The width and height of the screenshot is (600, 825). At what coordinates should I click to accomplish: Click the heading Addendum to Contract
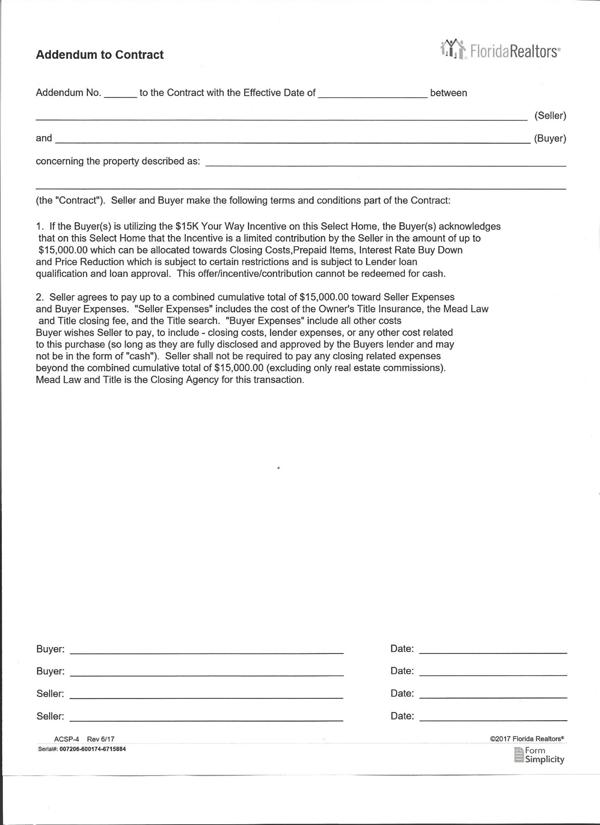point(99,55)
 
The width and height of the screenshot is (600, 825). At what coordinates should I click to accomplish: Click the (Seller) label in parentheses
point(550,115)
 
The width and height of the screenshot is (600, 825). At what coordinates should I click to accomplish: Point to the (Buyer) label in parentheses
point(550,138)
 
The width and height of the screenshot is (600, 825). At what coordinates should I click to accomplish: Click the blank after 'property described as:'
point(385,163)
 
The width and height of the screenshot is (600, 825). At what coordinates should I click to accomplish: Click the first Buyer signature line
point(206,650)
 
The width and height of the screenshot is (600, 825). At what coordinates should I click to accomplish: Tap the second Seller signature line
point(206,717)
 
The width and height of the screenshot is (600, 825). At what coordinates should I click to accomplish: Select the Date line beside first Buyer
point(493,650)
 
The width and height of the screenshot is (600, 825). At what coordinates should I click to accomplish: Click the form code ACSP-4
point(66,739)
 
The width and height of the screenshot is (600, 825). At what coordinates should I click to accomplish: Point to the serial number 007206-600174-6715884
point(92,749)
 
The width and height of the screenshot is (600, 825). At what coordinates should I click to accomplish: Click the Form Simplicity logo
point(539,755)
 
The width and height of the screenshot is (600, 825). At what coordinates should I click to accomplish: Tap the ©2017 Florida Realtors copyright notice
point(527,739)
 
